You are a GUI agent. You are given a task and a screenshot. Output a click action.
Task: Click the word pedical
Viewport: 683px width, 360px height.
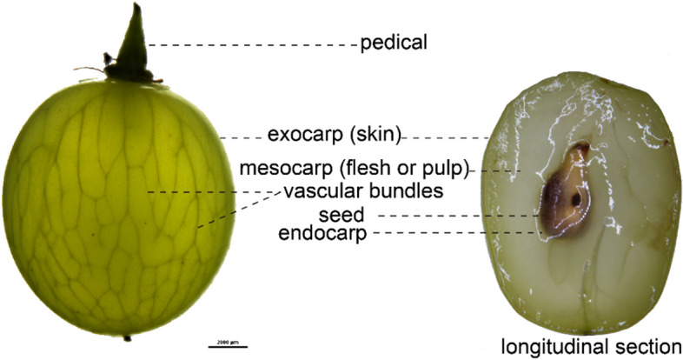(x=395, y=42)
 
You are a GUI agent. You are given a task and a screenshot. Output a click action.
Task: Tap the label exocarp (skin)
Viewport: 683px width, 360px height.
(x=334, y=135)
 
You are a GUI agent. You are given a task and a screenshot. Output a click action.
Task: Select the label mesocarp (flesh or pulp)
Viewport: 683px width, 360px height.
(x=355, y=166)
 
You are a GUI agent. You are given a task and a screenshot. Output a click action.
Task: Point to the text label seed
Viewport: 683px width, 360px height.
(x=343, y=214)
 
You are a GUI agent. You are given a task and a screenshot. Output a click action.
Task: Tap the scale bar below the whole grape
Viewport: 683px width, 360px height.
(x=222, y=345)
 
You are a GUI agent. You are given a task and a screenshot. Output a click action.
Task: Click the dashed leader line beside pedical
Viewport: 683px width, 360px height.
(x=252, y=43)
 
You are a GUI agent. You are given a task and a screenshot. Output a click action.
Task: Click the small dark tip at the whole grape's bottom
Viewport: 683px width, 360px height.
(x=128, y=337)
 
